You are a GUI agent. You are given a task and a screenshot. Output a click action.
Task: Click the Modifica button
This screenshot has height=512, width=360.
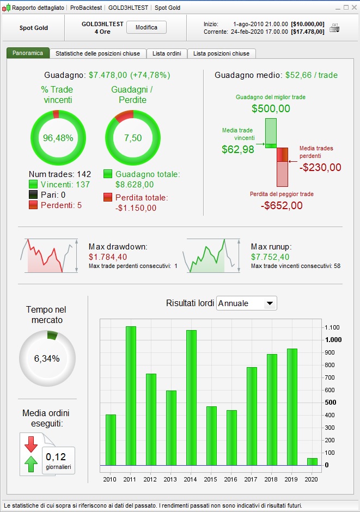[147, 27]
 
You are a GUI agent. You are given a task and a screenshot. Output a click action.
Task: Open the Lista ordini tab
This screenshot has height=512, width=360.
[167, 53]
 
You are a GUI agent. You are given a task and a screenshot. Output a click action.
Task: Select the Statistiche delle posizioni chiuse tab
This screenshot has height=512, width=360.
[97, 53]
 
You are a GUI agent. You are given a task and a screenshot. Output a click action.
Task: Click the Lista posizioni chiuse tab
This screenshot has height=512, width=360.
[222, 53]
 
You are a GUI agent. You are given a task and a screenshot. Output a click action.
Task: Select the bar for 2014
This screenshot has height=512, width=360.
[191, 398]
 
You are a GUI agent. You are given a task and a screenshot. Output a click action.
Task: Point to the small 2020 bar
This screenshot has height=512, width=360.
[312, 461]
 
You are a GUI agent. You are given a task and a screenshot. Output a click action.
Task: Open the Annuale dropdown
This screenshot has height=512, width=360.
[247, 303]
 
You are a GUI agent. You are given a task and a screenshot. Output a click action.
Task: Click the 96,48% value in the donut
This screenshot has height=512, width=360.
[58, 138]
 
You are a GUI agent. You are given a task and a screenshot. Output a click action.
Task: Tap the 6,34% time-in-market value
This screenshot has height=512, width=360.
[47, 358]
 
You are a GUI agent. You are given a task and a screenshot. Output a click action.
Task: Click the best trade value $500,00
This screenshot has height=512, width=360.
[271, 108]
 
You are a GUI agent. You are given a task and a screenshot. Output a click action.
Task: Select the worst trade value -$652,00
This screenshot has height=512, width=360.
[282, 205]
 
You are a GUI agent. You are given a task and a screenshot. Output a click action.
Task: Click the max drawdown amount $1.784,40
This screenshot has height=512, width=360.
[108, 257]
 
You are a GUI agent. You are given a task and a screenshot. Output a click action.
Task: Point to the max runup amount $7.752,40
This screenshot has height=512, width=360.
[271, 257]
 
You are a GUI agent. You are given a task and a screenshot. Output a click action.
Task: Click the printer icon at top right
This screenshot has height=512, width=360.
[334, 28]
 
